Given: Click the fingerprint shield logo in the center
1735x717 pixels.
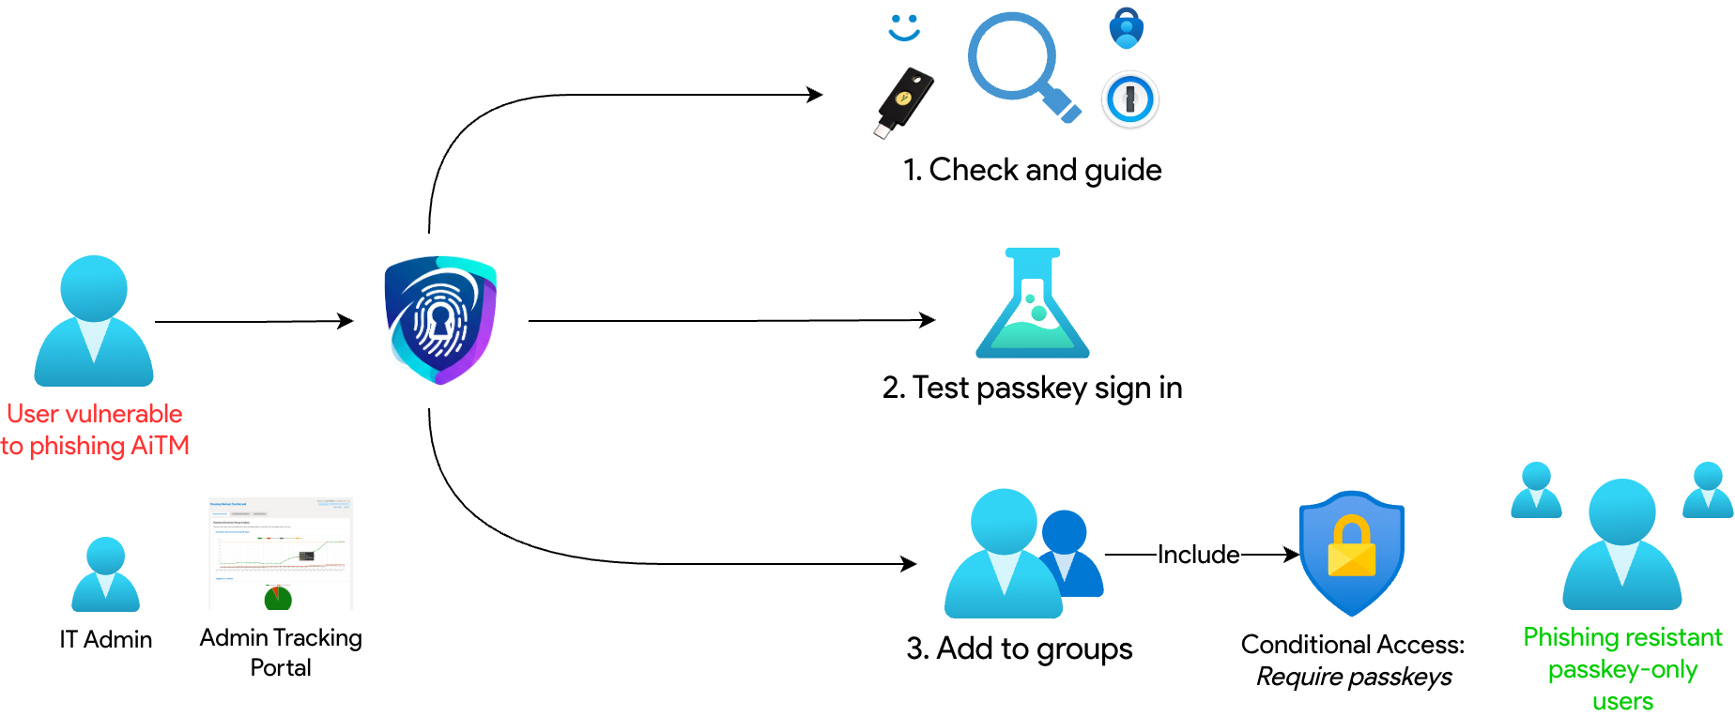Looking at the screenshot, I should [x=440, y=319].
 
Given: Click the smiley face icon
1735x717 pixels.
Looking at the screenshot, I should [x=904, y=27].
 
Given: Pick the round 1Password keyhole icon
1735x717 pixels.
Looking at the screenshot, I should [x=1130, y=99].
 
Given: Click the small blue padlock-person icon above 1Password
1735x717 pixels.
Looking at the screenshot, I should [x=1126, y=28].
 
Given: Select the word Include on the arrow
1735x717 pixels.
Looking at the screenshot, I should [x=1198, y=555].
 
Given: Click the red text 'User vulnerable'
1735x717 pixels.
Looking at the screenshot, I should [x=95, y=414].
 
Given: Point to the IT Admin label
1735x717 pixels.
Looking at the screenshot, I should [x=106, y=639].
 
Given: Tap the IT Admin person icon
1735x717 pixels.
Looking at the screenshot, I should [x=106, y=574].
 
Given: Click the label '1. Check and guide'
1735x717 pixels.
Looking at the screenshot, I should [x=1032, y=170].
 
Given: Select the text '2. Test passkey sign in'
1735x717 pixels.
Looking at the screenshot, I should [x=1032, y=388].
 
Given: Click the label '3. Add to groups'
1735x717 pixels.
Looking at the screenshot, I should [x=1019, y=648].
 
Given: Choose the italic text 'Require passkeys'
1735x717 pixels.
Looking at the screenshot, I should [x=1353, y=677].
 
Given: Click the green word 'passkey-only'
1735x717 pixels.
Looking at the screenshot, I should [x=1622, y=669].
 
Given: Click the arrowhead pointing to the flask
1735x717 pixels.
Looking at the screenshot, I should [x=929, y=320].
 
